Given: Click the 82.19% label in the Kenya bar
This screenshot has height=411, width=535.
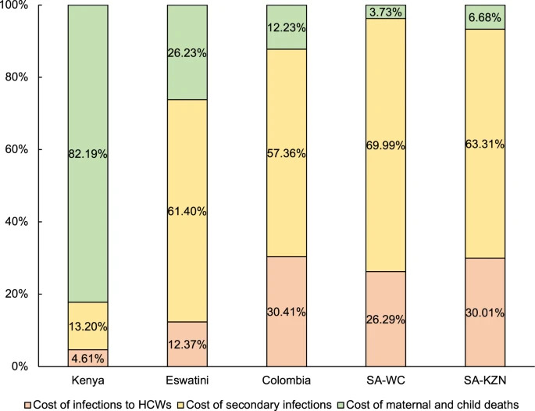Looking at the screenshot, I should tap(87, 154).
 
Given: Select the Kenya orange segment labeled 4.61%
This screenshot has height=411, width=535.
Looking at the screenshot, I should tap(87, 358).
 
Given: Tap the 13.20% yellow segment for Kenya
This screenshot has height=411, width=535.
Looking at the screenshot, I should tap(87, 326).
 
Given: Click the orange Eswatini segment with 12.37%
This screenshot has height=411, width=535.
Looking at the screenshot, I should tap(187, 344).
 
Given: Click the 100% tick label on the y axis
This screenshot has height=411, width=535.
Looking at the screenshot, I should tap(30, 5).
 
